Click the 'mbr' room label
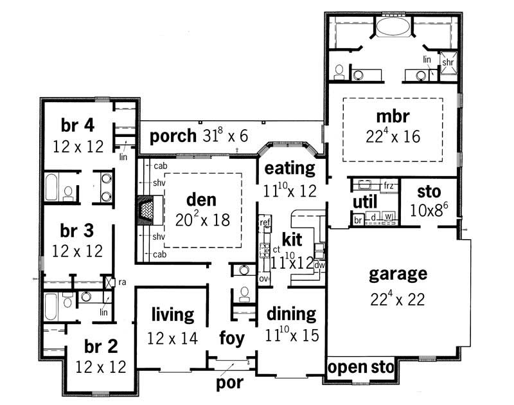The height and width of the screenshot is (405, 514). click(393, 116)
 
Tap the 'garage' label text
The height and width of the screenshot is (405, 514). click(398, 274)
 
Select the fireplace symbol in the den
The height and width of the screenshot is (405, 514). click(147, 210)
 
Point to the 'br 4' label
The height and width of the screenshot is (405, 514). click(78, 124)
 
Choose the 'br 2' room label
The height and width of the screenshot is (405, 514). click(100, 346)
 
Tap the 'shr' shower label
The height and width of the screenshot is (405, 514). click(448, 62)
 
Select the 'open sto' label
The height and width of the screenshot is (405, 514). click(360, 368)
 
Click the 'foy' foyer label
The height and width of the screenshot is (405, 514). click(231, 338)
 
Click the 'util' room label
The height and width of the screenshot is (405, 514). click(364, 202)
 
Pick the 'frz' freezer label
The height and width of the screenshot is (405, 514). click(388, 186)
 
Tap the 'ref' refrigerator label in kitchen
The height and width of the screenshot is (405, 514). click(265, 222)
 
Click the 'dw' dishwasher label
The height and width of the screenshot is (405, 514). click(319, 264)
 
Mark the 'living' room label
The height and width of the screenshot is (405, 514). click(172, 315)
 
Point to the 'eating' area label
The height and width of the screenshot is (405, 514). click(290, 169)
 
